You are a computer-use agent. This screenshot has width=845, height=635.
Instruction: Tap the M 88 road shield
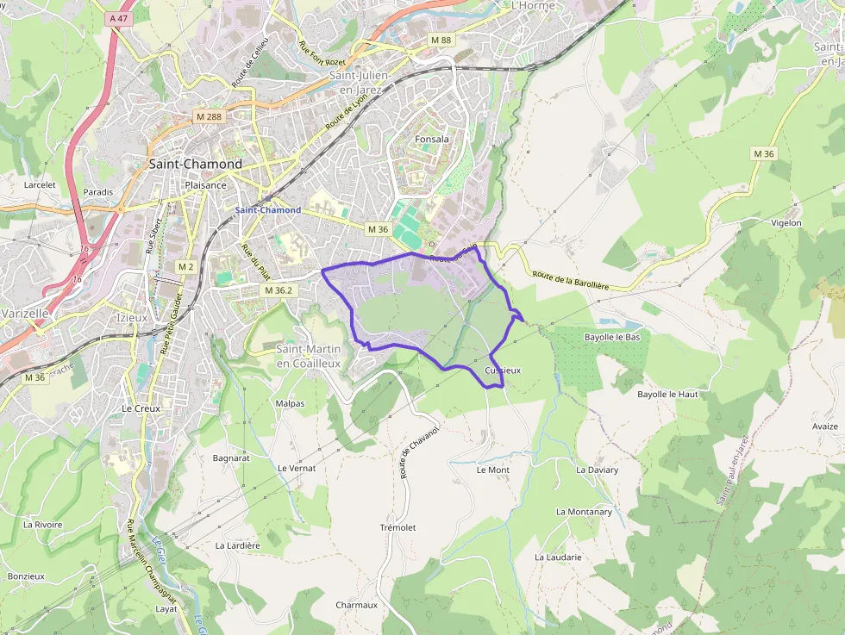pos(441,40)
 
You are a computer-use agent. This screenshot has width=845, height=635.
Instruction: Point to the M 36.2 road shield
pos(279,290)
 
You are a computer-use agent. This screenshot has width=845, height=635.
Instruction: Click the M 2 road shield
pos(185,267)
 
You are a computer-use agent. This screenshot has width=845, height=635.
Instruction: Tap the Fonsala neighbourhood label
pos(432,138)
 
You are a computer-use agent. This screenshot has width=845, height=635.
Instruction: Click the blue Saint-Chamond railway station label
pos(268,210)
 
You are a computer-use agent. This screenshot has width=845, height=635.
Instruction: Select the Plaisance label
pos(205,184)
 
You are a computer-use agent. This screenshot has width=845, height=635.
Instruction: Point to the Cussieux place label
pos(503,370)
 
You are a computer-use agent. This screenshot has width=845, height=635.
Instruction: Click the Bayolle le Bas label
pos(612,337)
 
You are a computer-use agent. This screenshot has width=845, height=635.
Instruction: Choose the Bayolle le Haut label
pos(667,394)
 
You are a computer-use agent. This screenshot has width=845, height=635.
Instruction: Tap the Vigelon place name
pos(786,223)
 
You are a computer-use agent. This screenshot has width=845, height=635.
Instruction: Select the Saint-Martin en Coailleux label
pos(308,356)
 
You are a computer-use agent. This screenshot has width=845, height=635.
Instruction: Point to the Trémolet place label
pos(397,527)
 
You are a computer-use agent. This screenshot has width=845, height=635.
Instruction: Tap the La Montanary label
pos(584,512)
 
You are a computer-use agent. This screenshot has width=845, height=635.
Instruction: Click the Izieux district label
pos(132,316)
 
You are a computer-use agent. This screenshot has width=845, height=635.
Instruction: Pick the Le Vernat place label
pos(297,468)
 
